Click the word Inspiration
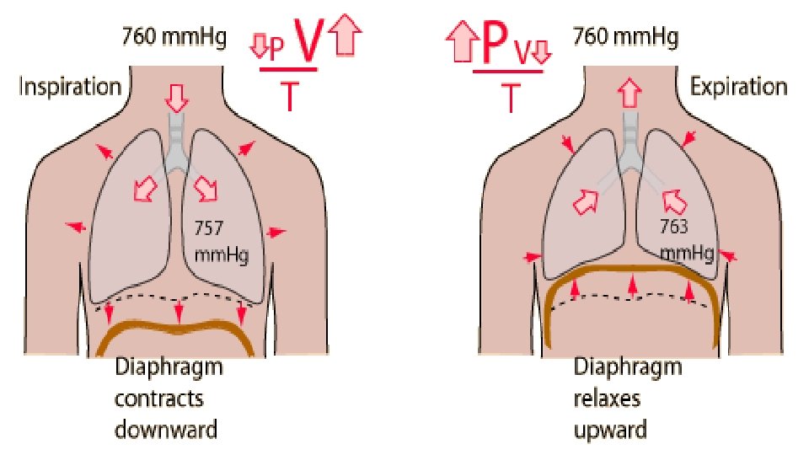(71, 87)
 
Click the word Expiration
(738, 87)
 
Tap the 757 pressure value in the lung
(208, 227)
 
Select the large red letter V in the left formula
(307, 42)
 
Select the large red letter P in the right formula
(496, 42)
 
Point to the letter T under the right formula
(510, 98)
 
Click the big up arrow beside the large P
(461, 40)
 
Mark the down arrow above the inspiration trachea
(176, 97)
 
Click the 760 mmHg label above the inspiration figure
(174, 37)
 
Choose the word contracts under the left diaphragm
(158, 398)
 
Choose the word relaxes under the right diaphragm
(608, 398)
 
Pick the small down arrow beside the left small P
(260, 48)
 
